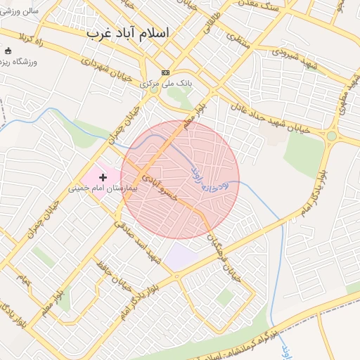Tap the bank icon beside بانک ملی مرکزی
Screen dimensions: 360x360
[x=166, y=72]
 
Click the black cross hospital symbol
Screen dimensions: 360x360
[x=103, y=178]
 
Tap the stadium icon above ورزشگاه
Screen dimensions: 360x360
[x=8, y=51]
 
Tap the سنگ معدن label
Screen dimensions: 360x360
[x=275, y=12]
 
